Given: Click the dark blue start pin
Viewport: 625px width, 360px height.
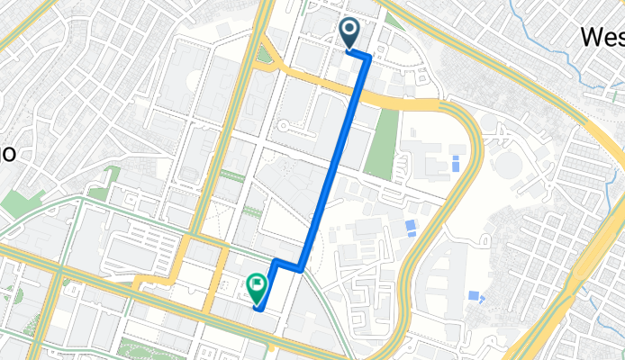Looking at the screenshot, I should click(349, 32).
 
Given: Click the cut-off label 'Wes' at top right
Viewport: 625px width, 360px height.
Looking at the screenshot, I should click(602, 37).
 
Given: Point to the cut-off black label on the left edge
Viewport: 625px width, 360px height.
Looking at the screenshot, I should click(7, 152).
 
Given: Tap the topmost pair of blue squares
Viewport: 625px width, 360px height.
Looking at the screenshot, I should click(456, 164).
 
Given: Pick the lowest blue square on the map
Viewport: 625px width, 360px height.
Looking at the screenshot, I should click(475, 296).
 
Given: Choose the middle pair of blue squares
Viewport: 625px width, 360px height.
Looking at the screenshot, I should click(411, 227).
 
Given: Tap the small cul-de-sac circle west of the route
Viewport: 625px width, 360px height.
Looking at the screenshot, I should click(282, 128).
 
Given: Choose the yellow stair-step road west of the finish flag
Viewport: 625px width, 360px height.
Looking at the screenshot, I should click(171, 270).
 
